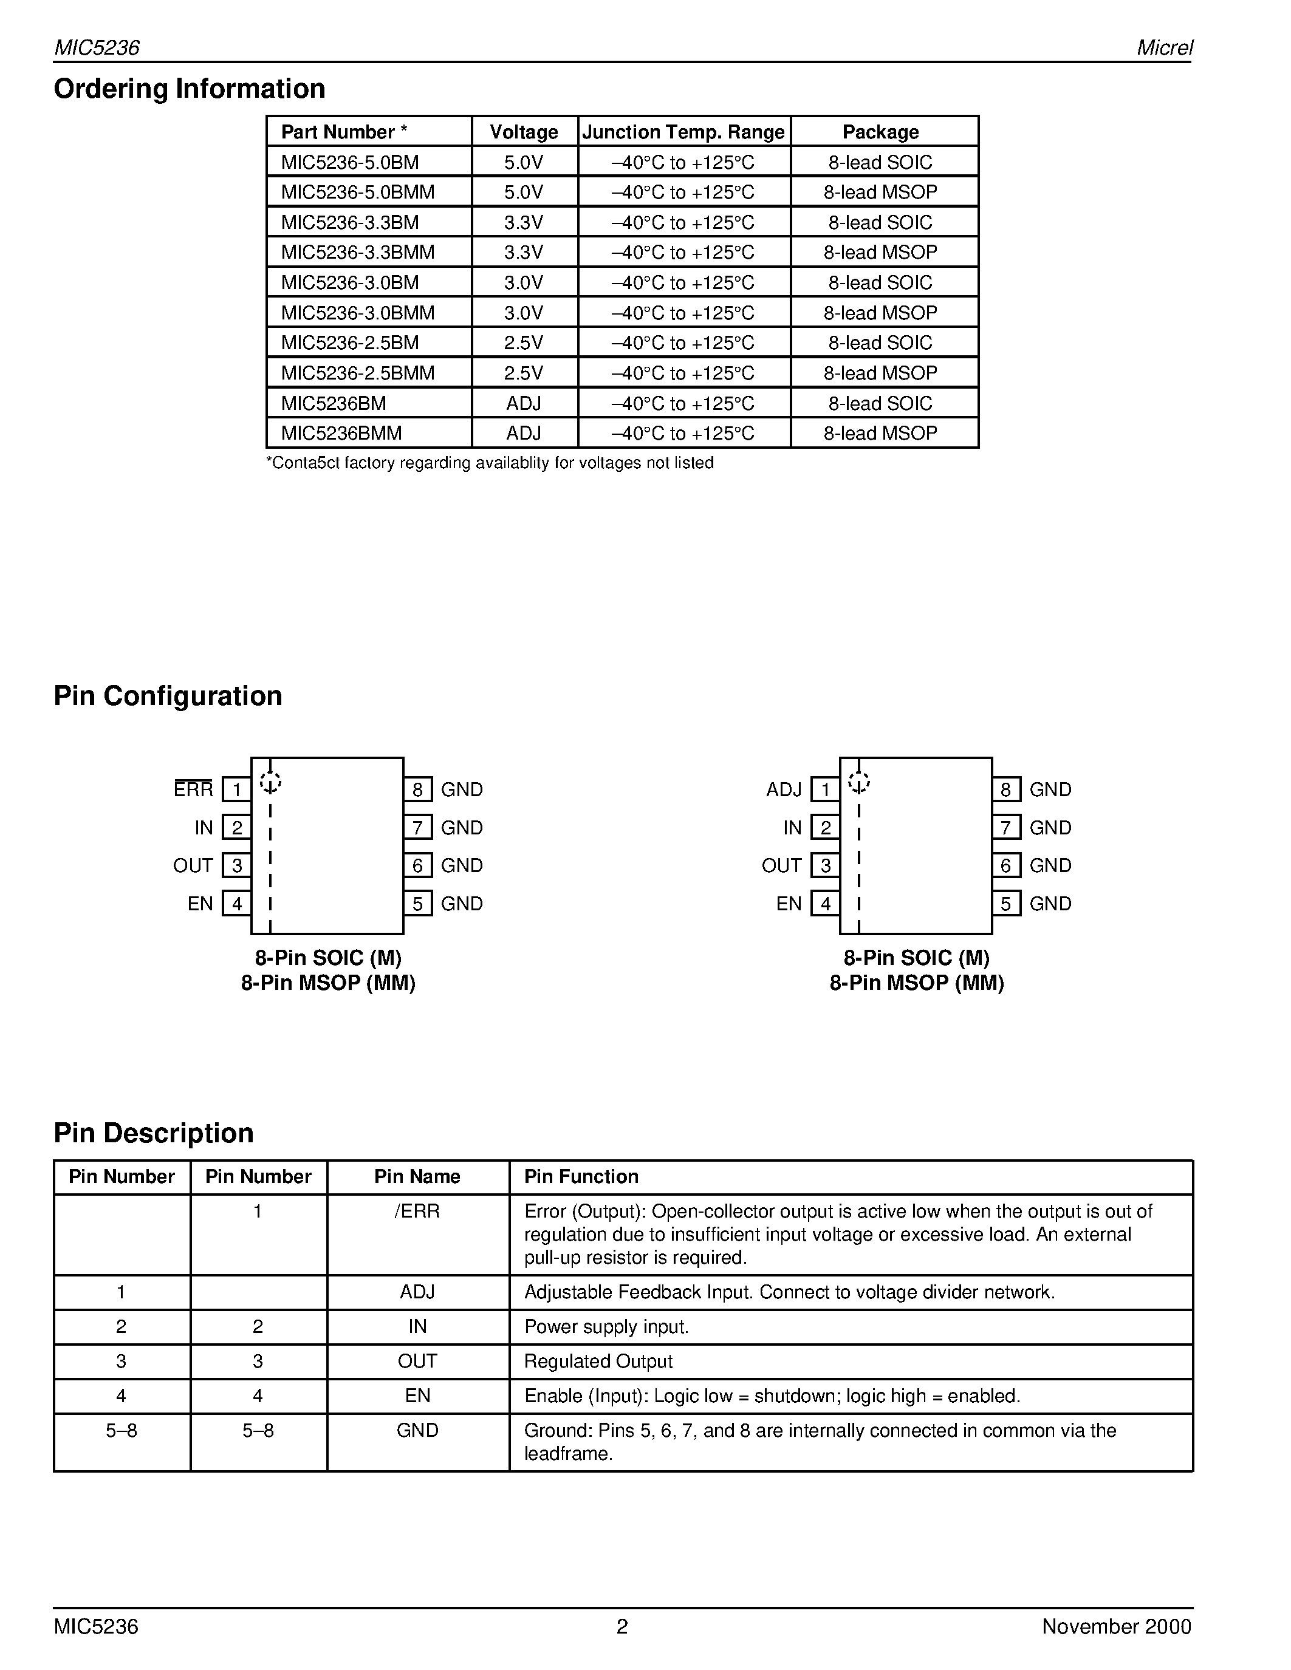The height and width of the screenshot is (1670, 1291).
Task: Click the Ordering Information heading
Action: pyautogui.click(x=189, y=89)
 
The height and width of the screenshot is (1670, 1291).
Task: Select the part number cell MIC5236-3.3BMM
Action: pyautogui.click(x=357, y=253)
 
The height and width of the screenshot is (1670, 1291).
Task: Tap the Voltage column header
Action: pyautogui.click(x=524, y=132)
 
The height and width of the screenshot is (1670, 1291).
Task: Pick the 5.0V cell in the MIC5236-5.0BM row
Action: pyautogui.click(x=524, y=162)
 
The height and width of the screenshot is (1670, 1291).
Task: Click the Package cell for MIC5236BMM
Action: pyautogui.click(x=880, y=434)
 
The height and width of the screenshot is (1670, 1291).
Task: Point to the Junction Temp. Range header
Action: pyautogui.click(x=683, y=132)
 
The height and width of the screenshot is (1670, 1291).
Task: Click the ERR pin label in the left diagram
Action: pyautogui.click(x=193, y=789)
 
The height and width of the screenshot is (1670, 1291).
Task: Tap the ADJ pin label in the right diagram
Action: pyautogui.click(x=784, y=789)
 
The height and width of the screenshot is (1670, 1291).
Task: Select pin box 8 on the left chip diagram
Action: pyautogui.click(x=417, y=789)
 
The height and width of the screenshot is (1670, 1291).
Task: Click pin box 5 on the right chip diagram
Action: pyautogui.click(x=1005, y=904)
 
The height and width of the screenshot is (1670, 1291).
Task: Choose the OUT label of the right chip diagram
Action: pyautogui.click(x=781, y=865)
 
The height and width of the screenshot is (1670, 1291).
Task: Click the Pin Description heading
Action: pyautogui.click(x=154, y=1133)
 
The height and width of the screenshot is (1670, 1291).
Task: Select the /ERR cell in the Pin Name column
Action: pyautogui.click(x=417, y=1212)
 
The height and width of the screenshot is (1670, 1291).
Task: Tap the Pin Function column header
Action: pyautogui.click(x=581, y=1176)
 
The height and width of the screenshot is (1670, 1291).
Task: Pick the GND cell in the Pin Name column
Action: pyautogui.click(x=417, y=1430)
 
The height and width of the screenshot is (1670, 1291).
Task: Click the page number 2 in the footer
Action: pyautogui.click(x=622, y=1626)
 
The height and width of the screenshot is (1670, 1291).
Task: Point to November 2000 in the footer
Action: pyautogui.click(x=1116, y=1626)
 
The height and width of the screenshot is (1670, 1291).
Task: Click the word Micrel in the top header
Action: pyautogui.click(x=1164, y=47)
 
